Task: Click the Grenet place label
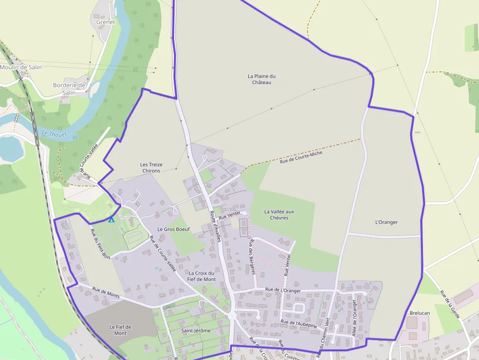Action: (106, 22)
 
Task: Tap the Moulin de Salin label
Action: (21, 67)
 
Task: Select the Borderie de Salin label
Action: (69, 88)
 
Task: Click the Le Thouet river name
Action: (54, 133)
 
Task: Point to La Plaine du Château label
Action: (261, 79)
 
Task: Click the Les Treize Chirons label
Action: (151, 168)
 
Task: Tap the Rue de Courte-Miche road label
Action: (301, 157)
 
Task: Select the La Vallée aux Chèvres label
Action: (279, 214)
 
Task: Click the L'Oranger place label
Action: (386, 222)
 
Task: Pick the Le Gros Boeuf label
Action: (173, 229)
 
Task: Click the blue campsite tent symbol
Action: (111, 220)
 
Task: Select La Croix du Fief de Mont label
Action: (202, 276)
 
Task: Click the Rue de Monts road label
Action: (106, 293)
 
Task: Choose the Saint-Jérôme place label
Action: (196, 331)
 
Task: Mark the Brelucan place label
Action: (420, 313)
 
